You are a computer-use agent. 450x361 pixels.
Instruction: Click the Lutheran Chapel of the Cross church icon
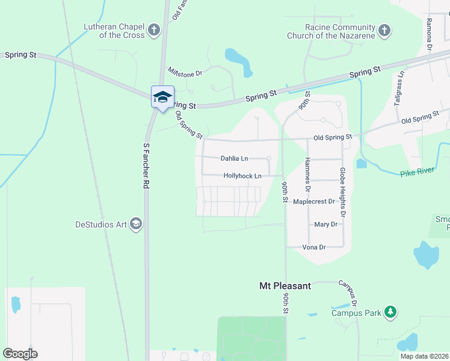click(154, 29)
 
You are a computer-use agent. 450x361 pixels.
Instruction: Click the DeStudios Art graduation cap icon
click(137, 224)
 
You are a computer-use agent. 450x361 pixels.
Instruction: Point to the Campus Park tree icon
click(391, 312)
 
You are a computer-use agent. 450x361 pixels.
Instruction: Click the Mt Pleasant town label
click(285, 286)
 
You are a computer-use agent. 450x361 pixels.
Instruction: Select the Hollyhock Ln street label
click(242, 176)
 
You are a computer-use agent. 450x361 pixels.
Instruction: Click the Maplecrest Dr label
click(313, 202)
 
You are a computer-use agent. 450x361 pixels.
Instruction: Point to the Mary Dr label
click(325, 224)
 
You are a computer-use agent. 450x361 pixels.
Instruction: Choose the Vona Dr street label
click(313, 247)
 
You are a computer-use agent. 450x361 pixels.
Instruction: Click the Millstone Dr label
click(185, 72)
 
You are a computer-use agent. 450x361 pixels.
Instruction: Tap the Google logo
click(20, 354)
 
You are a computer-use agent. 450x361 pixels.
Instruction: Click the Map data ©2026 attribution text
click(425, 356)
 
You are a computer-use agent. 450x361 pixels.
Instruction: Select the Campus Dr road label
click(348, 293)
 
